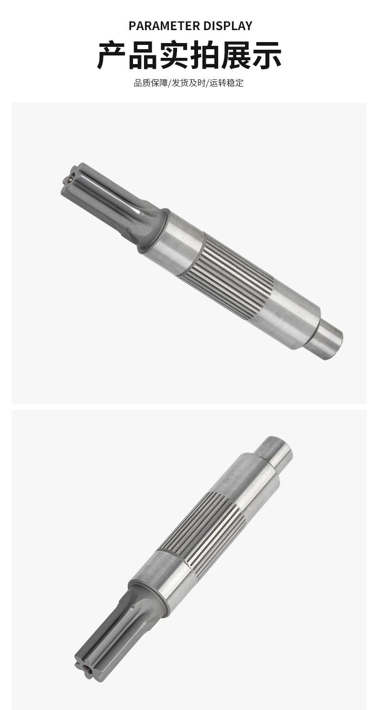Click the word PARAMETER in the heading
coord(164,26)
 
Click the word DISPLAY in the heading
coord(228,26)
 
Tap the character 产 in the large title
coord(111,55)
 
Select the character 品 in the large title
coord(143,55)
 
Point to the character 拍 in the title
coord(204,55)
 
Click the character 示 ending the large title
coord(267,55)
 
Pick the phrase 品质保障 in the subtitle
coord(151,83)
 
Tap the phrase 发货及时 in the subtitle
coord(189,83)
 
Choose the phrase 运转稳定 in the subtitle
coord(227,83)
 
